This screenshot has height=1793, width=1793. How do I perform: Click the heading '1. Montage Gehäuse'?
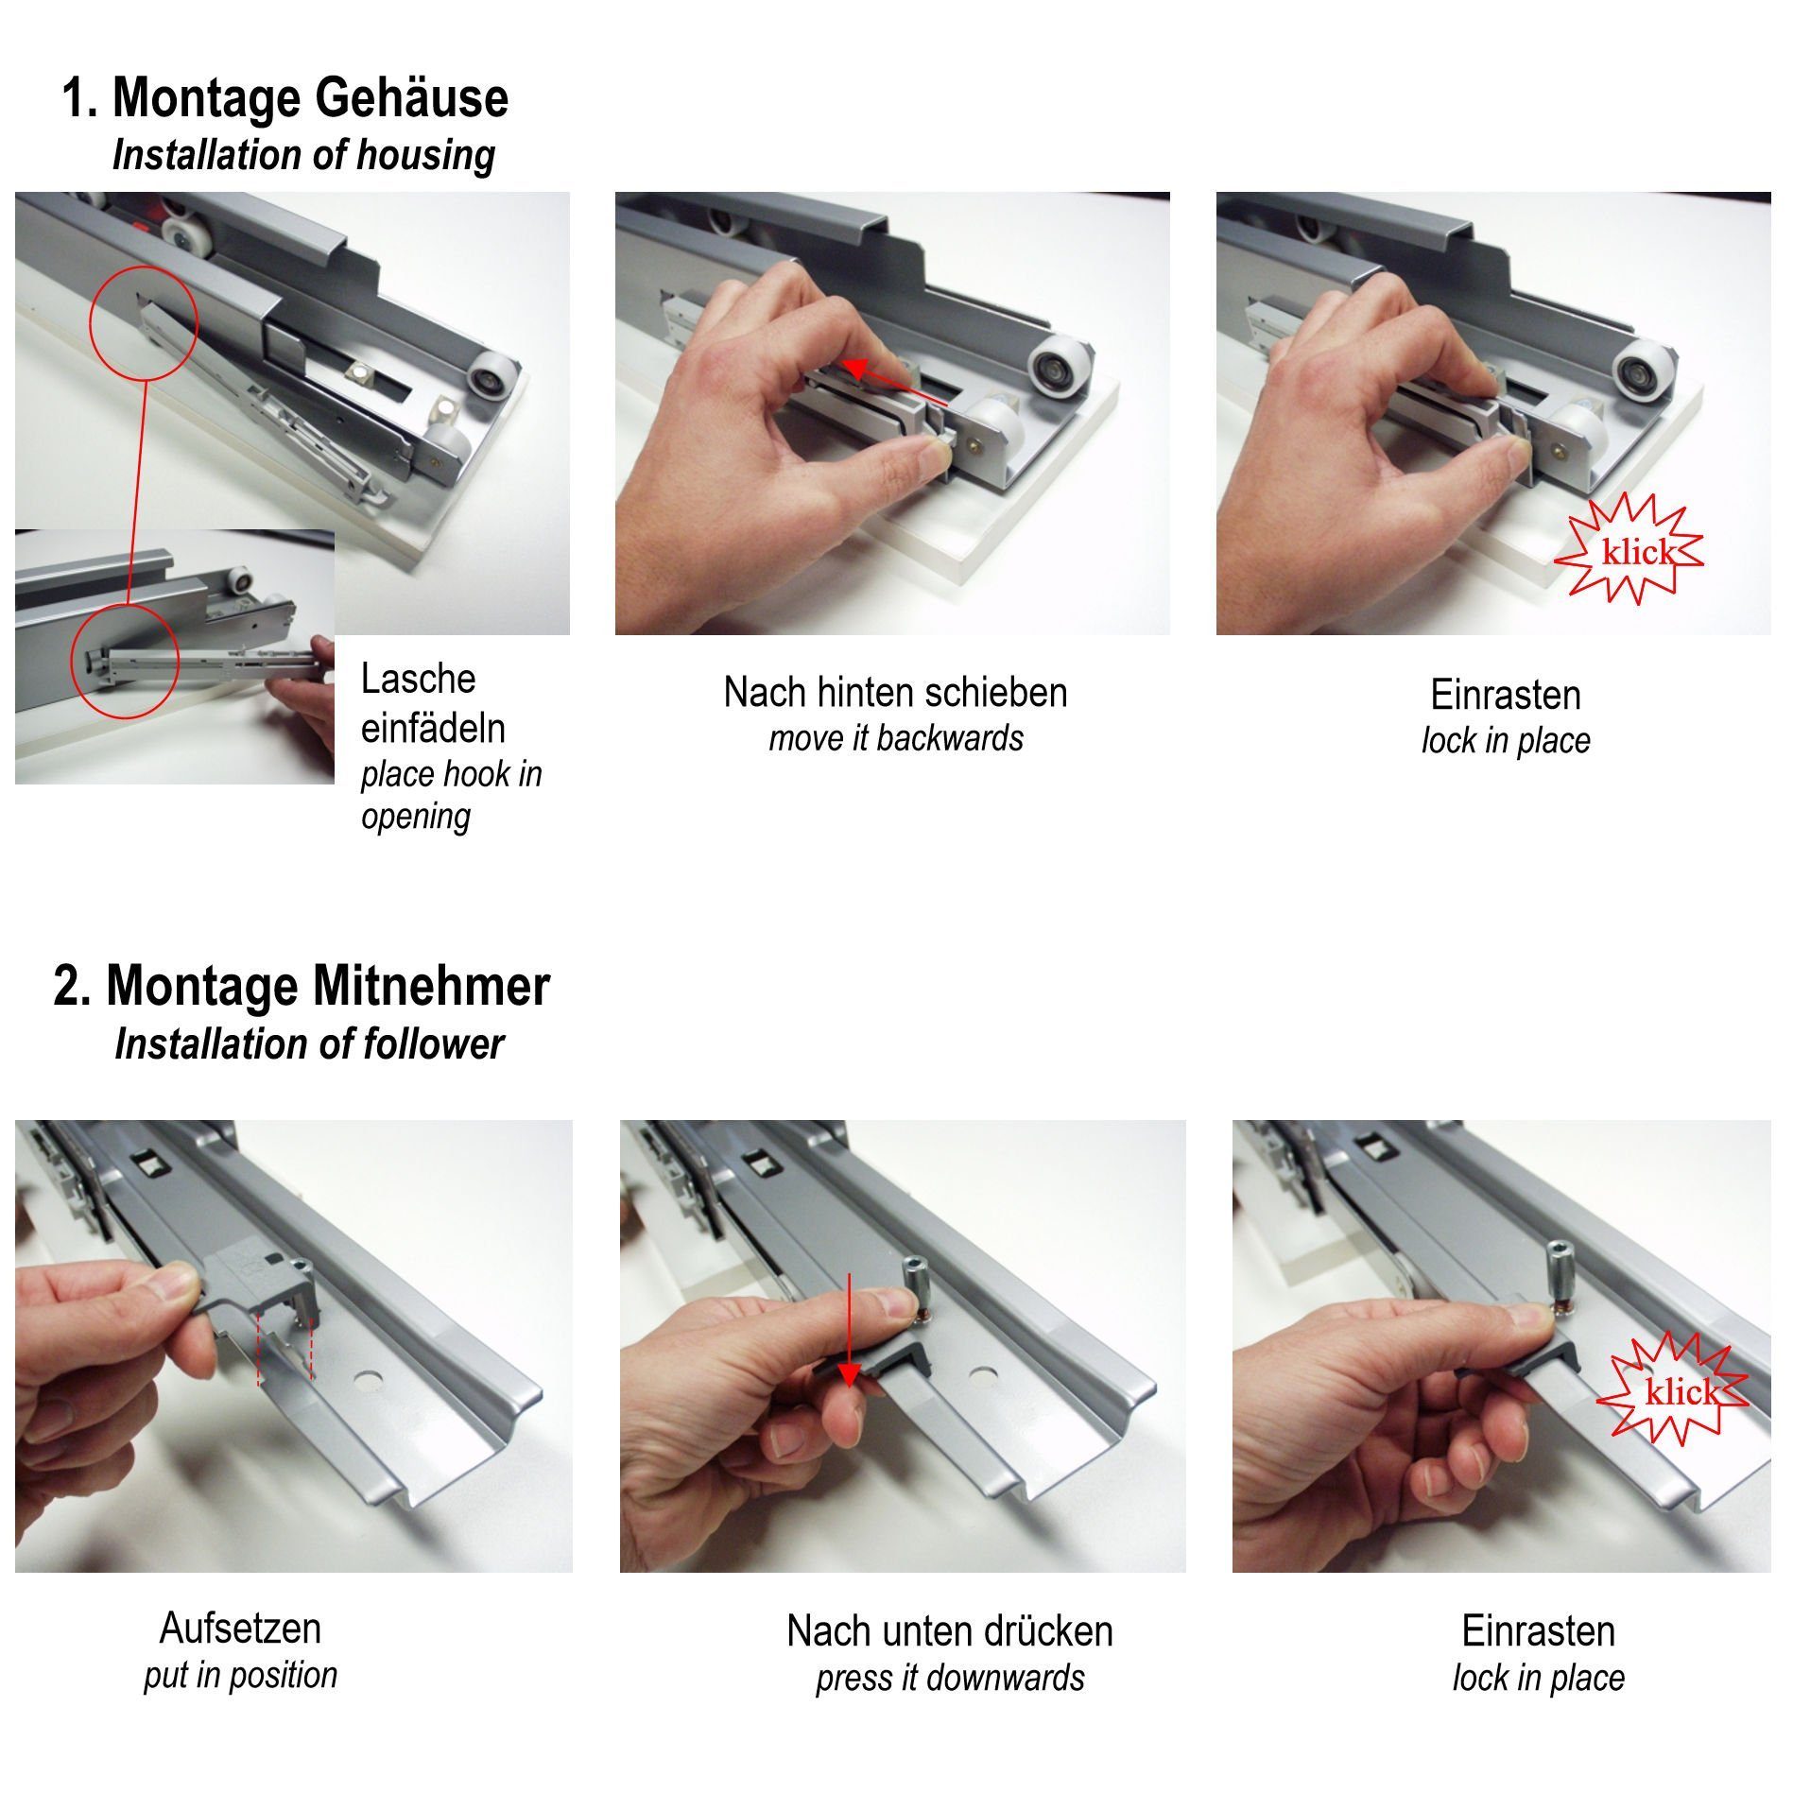point(284,98)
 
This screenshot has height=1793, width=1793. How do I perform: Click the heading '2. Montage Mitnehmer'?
point(302,986)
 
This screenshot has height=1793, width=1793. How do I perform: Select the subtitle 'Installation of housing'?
point(303,156)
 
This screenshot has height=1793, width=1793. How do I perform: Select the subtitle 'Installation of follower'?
point(309,1044)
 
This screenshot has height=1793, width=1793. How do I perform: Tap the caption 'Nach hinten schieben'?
point(895,693)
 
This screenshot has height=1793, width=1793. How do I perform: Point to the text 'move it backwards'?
point(895,738)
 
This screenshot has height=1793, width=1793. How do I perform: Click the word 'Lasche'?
point(418,679)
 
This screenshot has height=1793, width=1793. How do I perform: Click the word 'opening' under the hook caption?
point(416,817)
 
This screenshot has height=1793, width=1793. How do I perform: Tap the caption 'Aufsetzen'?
point(240,1628)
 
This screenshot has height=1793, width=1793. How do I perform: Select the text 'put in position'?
point(240,1674)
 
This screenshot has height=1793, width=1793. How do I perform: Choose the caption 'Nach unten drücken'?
point(949,1630)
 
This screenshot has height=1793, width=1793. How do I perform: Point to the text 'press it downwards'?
point(949,1678)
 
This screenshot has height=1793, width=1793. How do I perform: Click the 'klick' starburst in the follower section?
point(1672,1390)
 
